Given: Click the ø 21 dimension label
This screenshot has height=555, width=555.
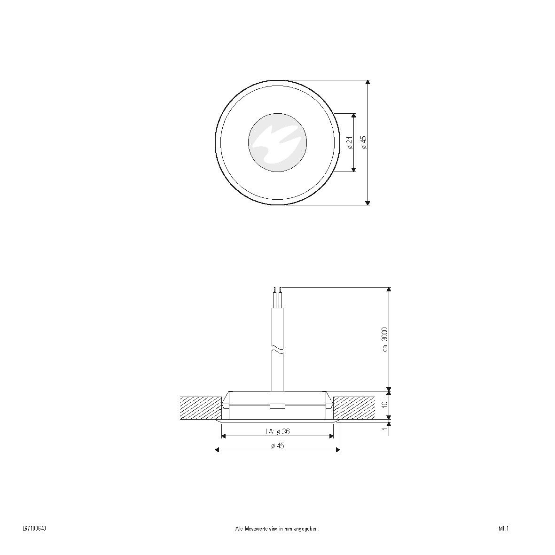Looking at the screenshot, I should pyautogui.click(x=350, y=143).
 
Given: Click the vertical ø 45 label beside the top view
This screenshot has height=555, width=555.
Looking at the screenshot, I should pyautogui.click(x=363, y=142).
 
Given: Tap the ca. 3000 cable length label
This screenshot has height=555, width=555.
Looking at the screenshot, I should pyautogui.click(x=385, y=339).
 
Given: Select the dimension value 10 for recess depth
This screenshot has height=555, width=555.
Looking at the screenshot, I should pyautogui.click(x=384, y=404).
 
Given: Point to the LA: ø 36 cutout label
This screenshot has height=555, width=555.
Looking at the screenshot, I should pyautogui.click(x=277, y=431).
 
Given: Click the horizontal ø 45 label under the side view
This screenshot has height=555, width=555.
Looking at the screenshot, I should pyautogui.click(x=278, y=446).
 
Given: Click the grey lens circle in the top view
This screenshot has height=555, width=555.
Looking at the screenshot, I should pyautogui.click(x=277, y=142).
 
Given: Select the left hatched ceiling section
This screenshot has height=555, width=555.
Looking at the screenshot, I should pyautogui.click(x=201, y=407).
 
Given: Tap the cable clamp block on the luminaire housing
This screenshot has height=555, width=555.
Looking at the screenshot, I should pyautogui.click(x=277, y=400).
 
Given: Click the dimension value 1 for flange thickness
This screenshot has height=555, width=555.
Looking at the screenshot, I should pyautogui.click(x=384, y=429).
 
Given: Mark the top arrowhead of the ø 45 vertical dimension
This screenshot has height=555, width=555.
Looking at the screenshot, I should pyautogui.click(x=367, y=83).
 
